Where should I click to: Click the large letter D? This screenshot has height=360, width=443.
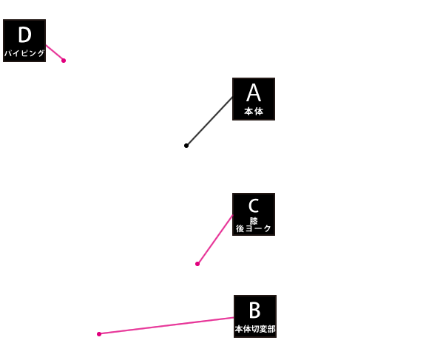[24, 35]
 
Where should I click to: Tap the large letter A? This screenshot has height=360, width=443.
[254, 93]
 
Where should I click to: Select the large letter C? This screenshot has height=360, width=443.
[254, 206]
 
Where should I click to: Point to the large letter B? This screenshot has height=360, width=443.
[254, 310]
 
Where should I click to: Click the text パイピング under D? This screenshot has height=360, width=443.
[24, 53]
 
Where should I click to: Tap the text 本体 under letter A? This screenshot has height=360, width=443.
[254, 112]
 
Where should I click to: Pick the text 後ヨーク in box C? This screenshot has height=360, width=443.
[254, 228]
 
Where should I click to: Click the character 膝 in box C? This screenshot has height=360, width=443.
[254, 220]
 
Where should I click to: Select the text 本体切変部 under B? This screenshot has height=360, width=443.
[255, 329]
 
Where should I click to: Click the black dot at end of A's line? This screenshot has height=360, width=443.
[186, 146]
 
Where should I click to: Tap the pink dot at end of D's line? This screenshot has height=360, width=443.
[64, 61]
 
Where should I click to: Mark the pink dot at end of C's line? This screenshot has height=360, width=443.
[197, 264]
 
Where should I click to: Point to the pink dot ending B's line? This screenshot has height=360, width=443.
[99, 334]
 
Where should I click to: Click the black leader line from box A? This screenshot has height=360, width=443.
[209, 121]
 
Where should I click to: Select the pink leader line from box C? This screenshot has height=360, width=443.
[215, 240]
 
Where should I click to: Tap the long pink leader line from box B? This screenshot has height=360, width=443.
[166, 326]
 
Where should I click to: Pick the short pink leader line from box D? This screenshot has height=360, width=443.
[55, 52]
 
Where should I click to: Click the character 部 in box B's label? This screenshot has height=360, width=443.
[271, 329]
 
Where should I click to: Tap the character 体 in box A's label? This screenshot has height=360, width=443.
[259, 112]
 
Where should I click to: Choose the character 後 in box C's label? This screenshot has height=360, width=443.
[240, 228]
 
